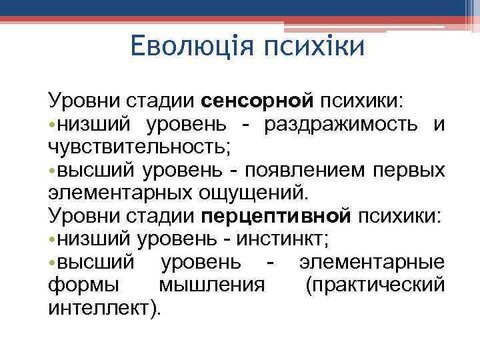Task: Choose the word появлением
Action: (x=301, y=171)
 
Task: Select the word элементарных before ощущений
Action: (x=120, y=193)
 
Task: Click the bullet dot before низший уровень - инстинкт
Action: (x=52, y=239)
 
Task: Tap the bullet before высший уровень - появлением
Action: (x=52, y=171)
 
